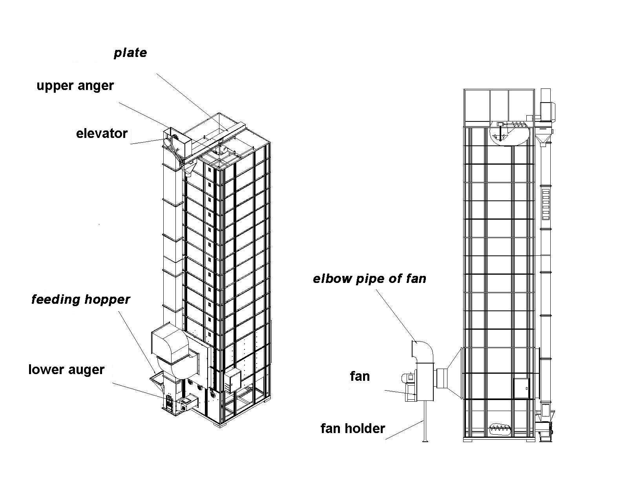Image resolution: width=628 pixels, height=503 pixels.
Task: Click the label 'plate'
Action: [x=130, y=53]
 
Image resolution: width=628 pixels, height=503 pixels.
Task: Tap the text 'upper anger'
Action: [x=75, y=86]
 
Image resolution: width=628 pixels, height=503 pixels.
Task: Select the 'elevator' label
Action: [x=102, y=134]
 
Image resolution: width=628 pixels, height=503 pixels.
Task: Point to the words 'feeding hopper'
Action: [x=80, y=299]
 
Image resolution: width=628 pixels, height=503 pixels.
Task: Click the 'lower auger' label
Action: [x=66, y=369]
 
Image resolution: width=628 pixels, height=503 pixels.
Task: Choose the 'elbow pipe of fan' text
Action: [x=369, y=279]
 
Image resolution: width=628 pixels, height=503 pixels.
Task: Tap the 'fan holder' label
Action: [x=352, y=428]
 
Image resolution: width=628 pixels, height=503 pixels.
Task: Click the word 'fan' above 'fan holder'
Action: [x=360, y=376]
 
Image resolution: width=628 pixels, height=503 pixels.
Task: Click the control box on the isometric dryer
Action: [x=233, y=379]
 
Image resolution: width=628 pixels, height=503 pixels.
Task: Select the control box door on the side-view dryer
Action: [x=521, y=389]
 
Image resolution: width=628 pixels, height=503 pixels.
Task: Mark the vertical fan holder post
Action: [x=424, y=420]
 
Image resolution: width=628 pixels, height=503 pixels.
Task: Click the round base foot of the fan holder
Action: [x=424, y=442]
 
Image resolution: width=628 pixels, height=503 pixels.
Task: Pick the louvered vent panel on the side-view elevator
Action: [x=546, y=204]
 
